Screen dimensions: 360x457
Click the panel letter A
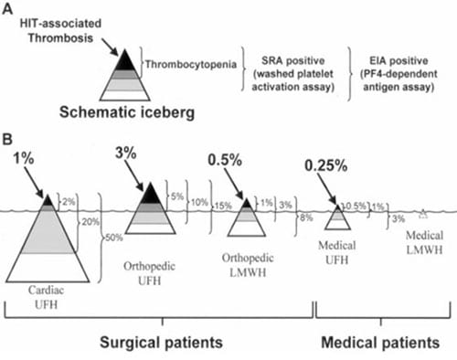(x=8, y=7)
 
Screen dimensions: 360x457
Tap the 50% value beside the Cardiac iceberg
(x=114, y=239)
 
